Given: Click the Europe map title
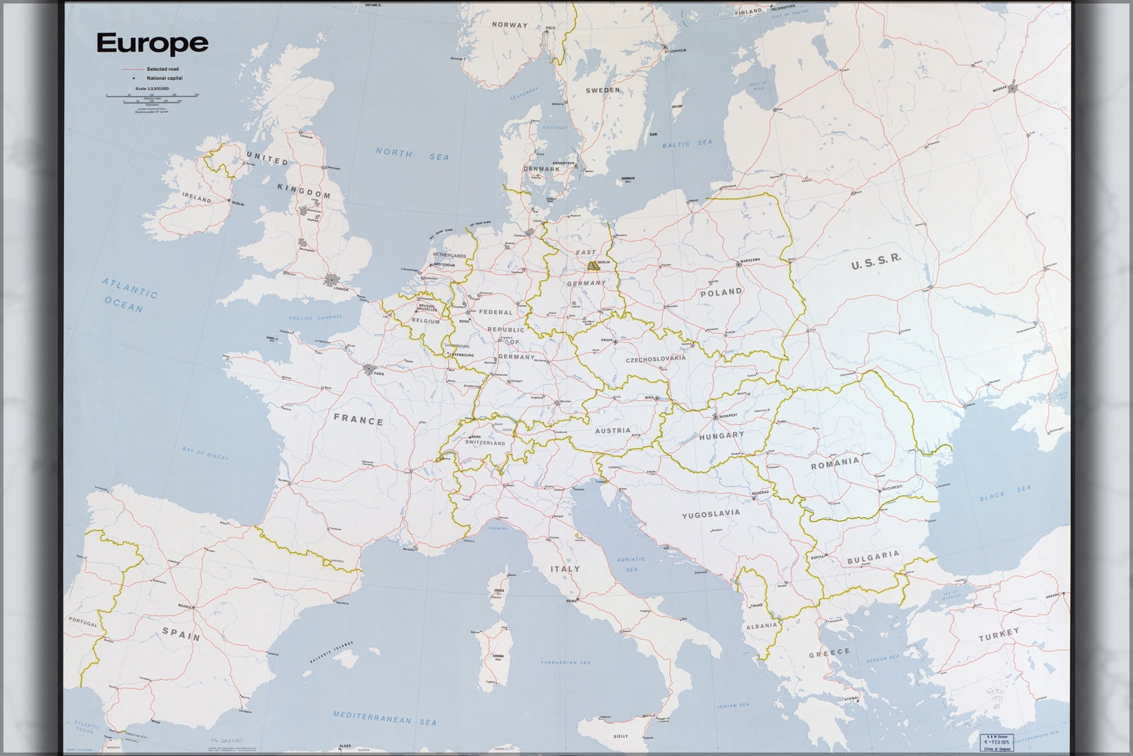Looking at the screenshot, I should [x=152, y=43].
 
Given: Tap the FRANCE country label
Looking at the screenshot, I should [x=359, y=419].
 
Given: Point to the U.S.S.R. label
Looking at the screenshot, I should [x=876, y=262].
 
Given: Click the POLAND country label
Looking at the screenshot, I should [x=721, y=292].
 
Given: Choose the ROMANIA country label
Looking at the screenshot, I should [x=835, y=463].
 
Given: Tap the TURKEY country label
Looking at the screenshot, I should [x=999, y=633].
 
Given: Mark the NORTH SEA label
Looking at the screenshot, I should [x=412, y=154].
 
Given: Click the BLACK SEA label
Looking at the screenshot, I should [x=1006, y=493].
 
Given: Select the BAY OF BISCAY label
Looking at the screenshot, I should [x=206, y=453].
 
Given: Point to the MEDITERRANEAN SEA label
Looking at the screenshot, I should [x=385, y=718].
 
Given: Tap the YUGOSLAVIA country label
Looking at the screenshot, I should [x=711, y=514].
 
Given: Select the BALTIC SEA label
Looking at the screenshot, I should [x=687, y=144].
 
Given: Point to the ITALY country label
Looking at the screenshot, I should [x=564, y=569].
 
